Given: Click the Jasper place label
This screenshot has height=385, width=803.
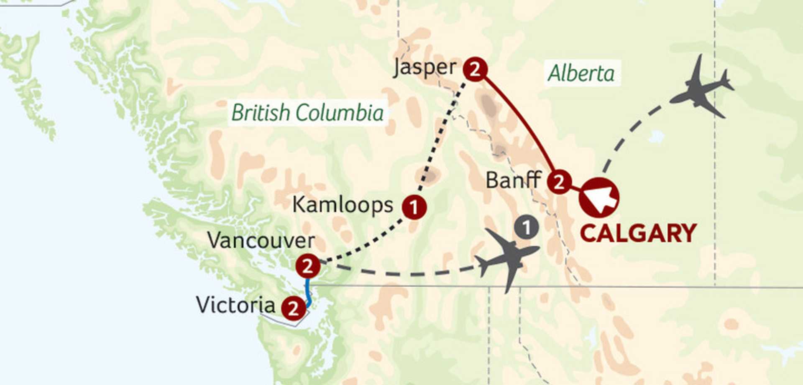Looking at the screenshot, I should tap(425, 68).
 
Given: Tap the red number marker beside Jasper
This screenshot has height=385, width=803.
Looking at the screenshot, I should tap(475, 69).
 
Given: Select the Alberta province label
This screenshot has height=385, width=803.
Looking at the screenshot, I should tap(581, 73).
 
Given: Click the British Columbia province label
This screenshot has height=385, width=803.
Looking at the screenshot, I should tap(307, 113).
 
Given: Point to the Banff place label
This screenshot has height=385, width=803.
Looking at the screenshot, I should tap(513, 180).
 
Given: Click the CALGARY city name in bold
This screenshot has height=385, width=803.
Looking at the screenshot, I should tap(638, 233).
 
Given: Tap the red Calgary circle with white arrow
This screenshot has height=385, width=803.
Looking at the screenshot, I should tap(599, 198).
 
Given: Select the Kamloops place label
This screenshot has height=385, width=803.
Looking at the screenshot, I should tap(343, 205).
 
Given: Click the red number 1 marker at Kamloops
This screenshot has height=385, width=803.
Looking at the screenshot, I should tap(414, 207).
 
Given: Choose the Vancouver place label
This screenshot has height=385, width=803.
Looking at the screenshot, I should tap(261, 241).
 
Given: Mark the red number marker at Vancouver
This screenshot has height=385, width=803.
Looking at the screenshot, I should tap(308, 266).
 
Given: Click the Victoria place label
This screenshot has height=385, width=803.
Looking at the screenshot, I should tap(235, 305).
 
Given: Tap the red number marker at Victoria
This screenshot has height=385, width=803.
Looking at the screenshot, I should tap(293, 309).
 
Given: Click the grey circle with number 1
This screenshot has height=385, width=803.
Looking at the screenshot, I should tap(526, 228).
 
